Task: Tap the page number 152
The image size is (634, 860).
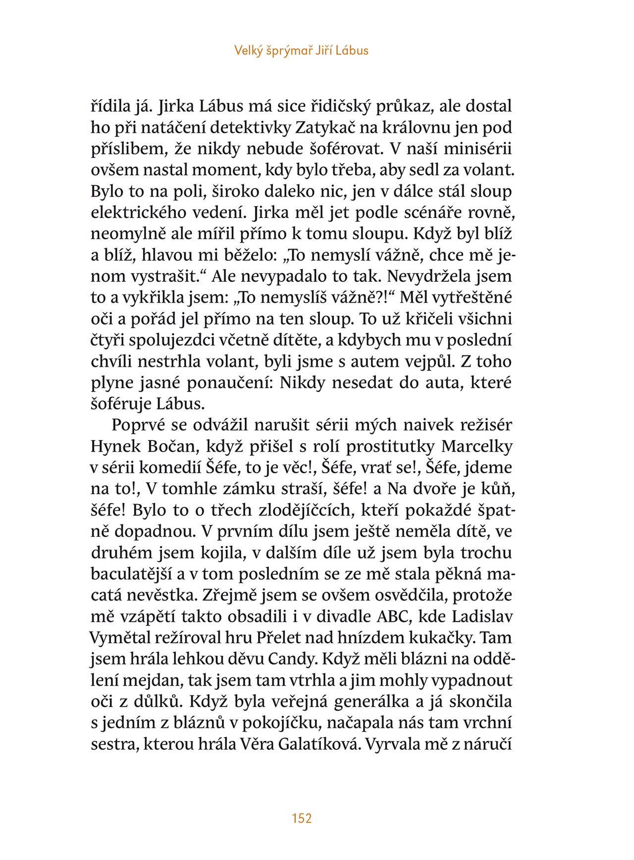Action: pyautogui.click(x=302, y=818)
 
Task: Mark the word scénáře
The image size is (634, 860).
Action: pyautogui.click(x=440, y=213)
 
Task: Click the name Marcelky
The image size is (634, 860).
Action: pyautogui.click(x=476, y=447)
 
